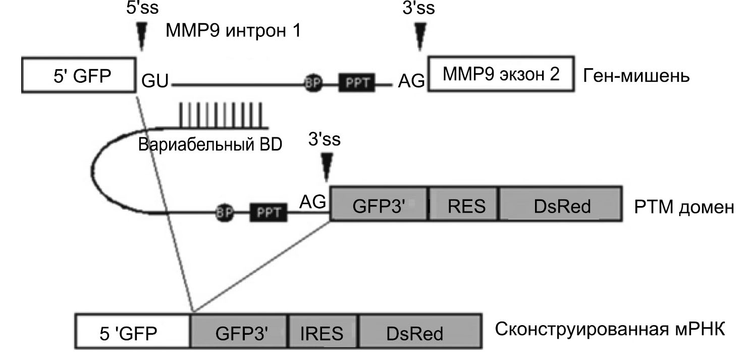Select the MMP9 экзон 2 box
click(502, 75)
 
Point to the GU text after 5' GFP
click(156, 80)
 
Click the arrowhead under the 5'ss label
click(141, 35)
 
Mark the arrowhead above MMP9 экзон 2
click(419, 35)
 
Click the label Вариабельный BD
click(210, 145)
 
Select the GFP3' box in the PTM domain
click(379, 207)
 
